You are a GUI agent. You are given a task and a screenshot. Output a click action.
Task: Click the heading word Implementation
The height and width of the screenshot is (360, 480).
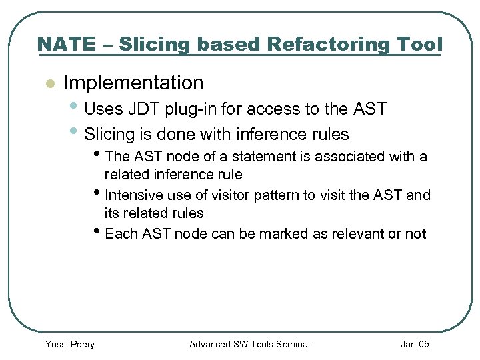point(133,83)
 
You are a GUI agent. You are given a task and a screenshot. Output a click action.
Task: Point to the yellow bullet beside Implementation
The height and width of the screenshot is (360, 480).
point(48,84)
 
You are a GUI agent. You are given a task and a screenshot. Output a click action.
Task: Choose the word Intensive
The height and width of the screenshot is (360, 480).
point(133,195)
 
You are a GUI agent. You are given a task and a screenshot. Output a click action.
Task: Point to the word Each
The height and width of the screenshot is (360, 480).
point(121,234)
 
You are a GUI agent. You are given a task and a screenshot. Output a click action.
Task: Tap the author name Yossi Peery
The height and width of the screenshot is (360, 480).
point(69,344)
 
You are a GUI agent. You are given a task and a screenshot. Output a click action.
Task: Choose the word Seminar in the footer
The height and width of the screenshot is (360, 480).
point(291,344)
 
